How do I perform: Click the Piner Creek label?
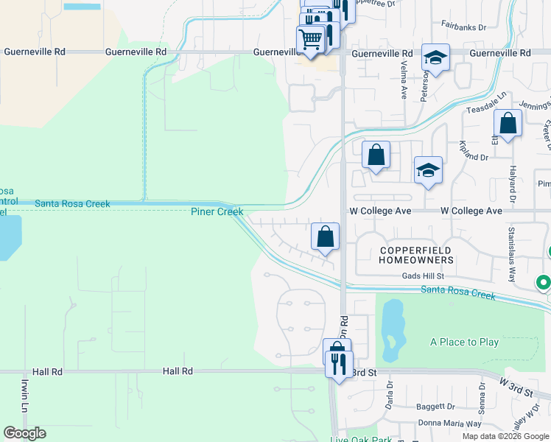tap(217, 212)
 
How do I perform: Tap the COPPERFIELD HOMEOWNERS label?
tap(416, 256)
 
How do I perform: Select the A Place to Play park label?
tap(464, 342)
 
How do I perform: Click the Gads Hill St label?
tap(423, 276)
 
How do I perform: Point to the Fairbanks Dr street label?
tap(464, 27)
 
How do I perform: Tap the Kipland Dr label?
tap(474, 152)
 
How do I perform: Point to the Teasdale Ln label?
tap(488, 102)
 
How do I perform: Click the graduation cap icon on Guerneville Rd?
tap(435, 57)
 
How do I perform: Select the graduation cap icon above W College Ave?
tap(428, 169)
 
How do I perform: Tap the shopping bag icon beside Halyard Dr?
tap(508, 123)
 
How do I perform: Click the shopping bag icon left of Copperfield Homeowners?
tap(325, 236)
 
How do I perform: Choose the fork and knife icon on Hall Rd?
tap(339, 364)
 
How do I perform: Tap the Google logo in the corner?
tap(24, 433)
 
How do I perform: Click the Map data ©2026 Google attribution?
tap(505, 436)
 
